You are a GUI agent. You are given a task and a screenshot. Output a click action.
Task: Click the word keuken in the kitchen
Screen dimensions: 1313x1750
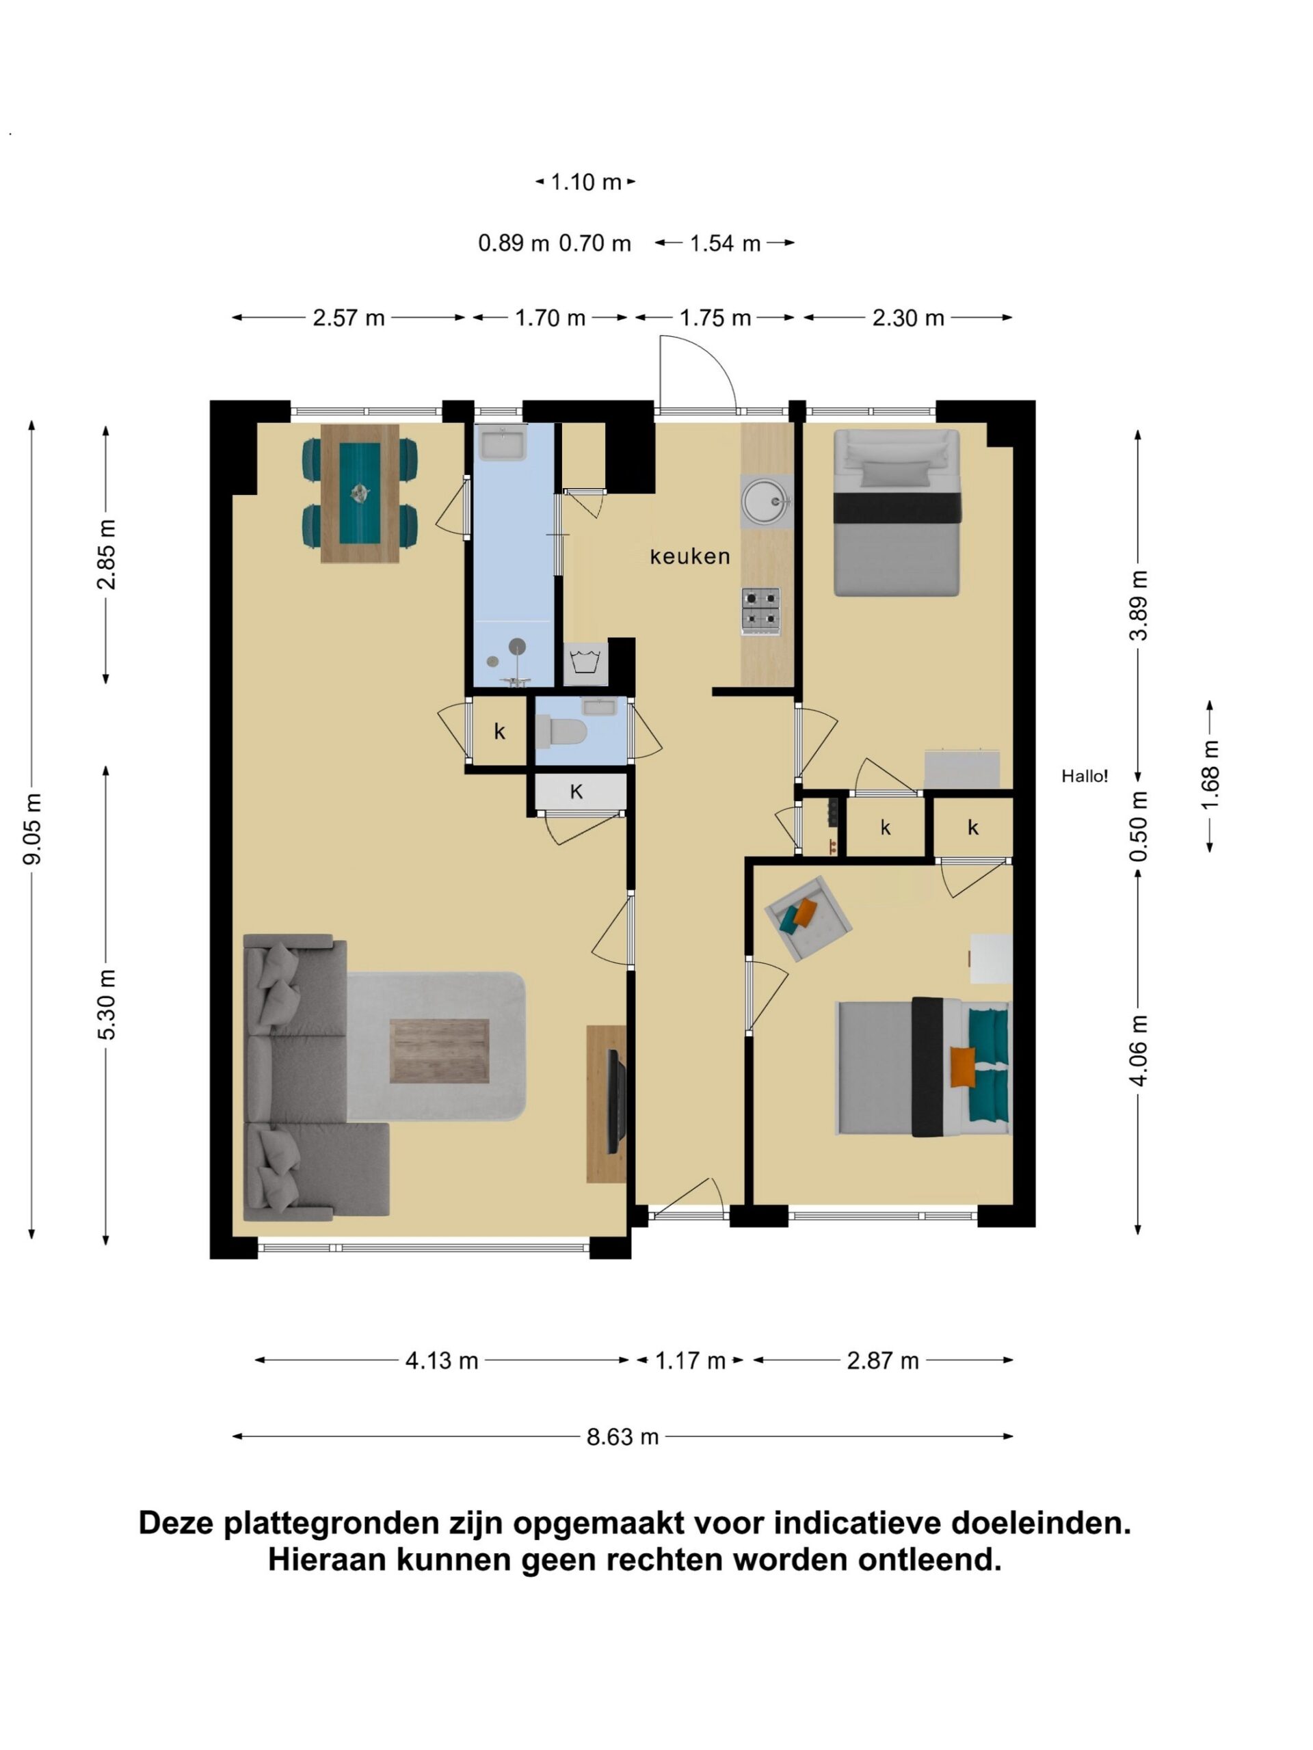(x=689, y=557)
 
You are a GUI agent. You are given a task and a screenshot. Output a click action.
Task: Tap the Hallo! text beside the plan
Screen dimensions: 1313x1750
(x=1085, y=776)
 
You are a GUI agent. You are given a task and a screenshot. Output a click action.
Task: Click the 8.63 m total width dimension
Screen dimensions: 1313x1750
(x=622, y=1437)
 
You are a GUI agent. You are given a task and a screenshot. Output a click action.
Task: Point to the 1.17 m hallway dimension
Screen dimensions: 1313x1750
(x=690, y=1361)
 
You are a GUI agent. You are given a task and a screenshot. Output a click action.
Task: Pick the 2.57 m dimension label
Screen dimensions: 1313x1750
(x=349, y=318)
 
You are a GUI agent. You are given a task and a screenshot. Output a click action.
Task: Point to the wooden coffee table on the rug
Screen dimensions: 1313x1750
(x=439, y=1051)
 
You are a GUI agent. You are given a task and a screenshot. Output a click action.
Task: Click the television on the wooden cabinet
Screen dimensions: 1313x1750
(x=615, y=1101)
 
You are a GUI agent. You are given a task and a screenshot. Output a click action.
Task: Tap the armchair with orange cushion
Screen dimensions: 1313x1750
(x=807, y=917)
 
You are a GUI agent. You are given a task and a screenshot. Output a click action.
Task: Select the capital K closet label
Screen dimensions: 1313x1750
(x=577, y=791)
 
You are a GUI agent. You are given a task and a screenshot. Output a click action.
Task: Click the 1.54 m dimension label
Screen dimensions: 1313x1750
(x=725, y=243)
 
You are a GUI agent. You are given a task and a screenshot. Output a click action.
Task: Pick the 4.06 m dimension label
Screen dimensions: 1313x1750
(x=1139, y=1051)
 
